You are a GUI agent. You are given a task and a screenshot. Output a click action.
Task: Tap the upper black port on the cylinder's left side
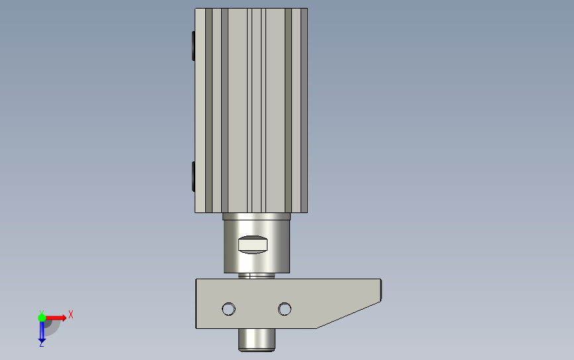(193, 46)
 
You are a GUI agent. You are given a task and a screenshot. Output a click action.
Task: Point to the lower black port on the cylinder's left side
(193, 176)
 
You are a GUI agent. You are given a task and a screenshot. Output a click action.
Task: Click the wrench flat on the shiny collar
(253, 244)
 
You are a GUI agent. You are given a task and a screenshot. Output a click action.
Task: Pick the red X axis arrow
(55, 318)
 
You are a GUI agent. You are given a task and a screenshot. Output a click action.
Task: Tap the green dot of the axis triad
(42, 318)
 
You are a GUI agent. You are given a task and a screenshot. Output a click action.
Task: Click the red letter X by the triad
(71, 314)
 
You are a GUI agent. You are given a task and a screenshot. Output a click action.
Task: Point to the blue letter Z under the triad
(41, 344)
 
